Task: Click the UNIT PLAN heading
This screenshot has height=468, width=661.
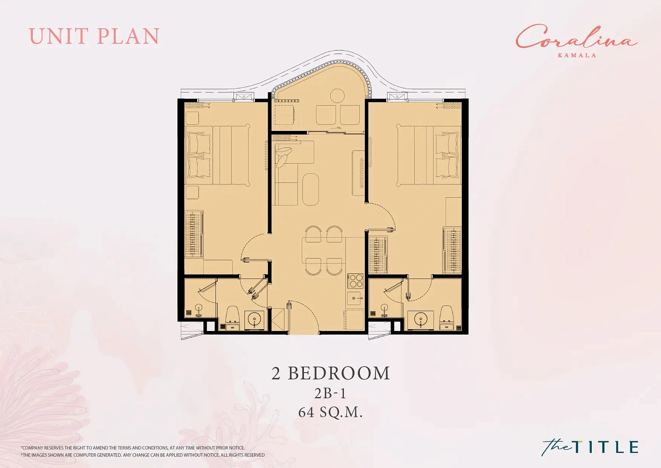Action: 94,36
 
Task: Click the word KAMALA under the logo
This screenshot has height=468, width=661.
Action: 577,55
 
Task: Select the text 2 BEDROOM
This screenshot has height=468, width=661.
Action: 331,373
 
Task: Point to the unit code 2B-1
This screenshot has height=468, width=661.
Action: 330,393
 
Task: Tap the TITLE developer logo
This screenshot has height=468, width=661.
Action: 590,447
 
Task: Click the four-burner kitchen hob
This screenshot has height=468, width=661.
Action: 356,281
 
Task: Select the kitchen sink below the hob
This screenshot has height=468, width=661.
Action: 355,299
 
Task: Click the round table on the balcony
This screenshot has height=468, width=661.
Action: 337,96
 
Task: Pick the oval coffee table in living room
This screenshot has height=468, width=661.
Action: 311,189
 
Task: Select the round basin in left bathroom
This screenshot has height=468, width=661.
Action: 255,318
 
